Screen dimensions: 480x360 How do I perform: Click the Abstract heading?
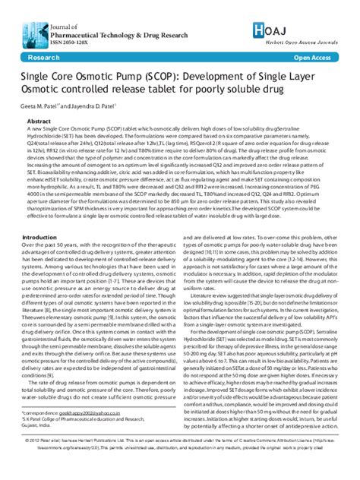tap(39, 121)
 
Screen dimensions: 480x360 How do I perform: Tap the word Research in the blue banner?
tap(44, 57)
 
